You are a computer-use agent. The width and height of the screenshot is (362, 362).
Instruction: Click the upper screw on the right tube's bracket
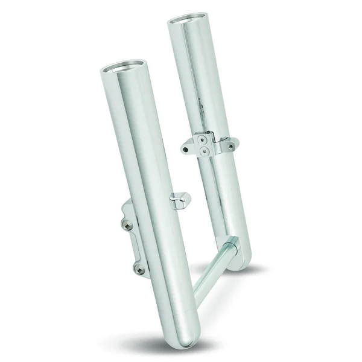(205, 138)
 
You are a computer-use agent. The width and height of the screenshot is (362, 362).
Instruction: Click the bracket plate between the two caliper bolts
(130, 244)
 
